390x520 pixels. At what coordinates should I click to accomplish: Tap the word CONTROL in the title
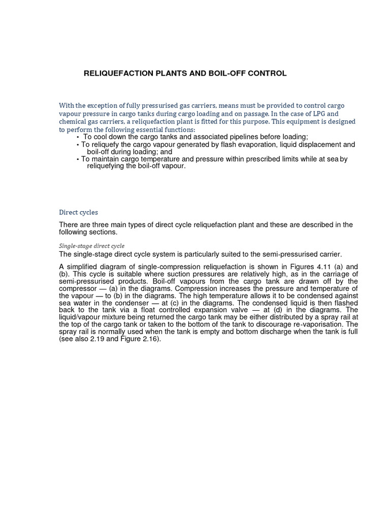[267, 74]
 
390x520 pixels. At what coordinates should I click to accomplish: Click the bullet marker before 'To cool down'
[78, 138]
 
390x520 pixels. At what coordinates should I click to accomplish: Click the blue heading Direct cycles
[79, 212]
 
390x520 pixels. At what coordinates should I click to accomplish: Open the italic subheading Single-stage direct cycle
[92, 246]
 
